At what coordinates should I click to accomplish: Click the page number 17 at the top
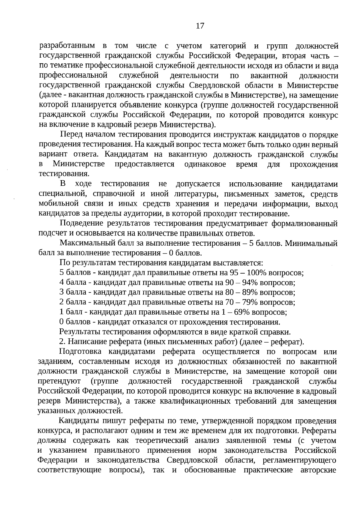pos(200,26)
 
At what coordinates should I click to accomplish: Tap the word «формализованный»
pos(304,223)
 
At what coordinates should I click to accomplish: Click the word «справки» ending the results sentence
pos(277,332)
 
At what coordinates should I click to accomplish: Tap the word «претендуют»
pos(59,382)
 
